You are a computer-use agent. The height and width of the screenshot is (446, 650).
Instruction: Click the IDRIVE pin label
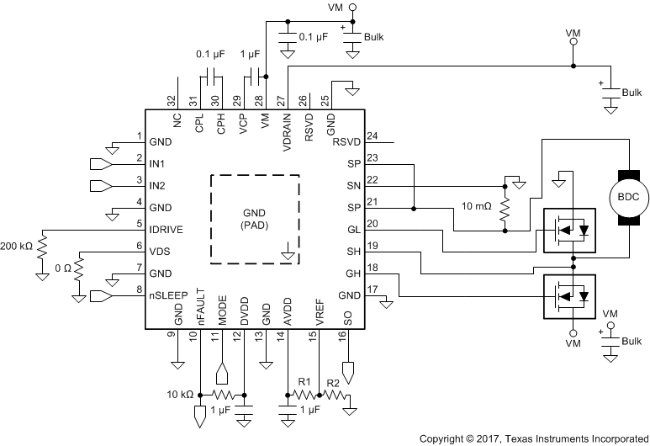pos(166,229)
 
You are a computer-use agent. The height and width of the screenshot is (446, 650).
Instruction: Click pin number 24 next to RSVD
pos(373,135)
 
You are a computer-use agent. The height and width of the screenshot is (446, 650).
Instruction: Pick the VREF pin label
pos(320,313)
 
